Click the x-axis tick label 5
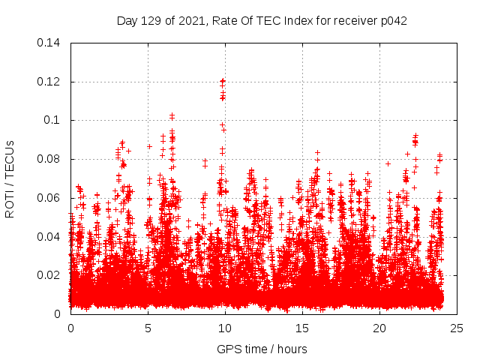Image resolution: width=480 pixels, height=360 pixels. pyautogui.click(x=148, y=328)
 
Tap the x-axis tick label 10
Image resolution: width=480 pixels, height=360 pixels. pyautogui.click(x=225, y=328)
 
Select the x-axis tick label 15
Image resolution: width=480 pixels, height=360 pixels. pyautogui.click(x=302, y=328)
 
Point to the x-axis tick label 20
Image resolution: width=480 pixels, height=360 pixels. pyautogui.click(x=379, y=328)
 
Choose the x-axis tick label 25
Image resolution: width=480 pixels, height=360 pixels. pyautogui.click(x=457, y=328)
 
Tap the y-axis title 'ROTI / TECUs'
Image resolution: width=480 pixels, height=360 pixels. pyautogui.click(x=10, y=178)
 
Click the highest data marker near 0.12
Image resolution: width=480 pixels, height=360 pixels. pyautogui.click(x=222, y=80)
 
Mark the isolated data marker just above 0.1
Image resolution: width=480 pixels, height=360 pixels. pyautogui.click(x=172, y=115)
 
